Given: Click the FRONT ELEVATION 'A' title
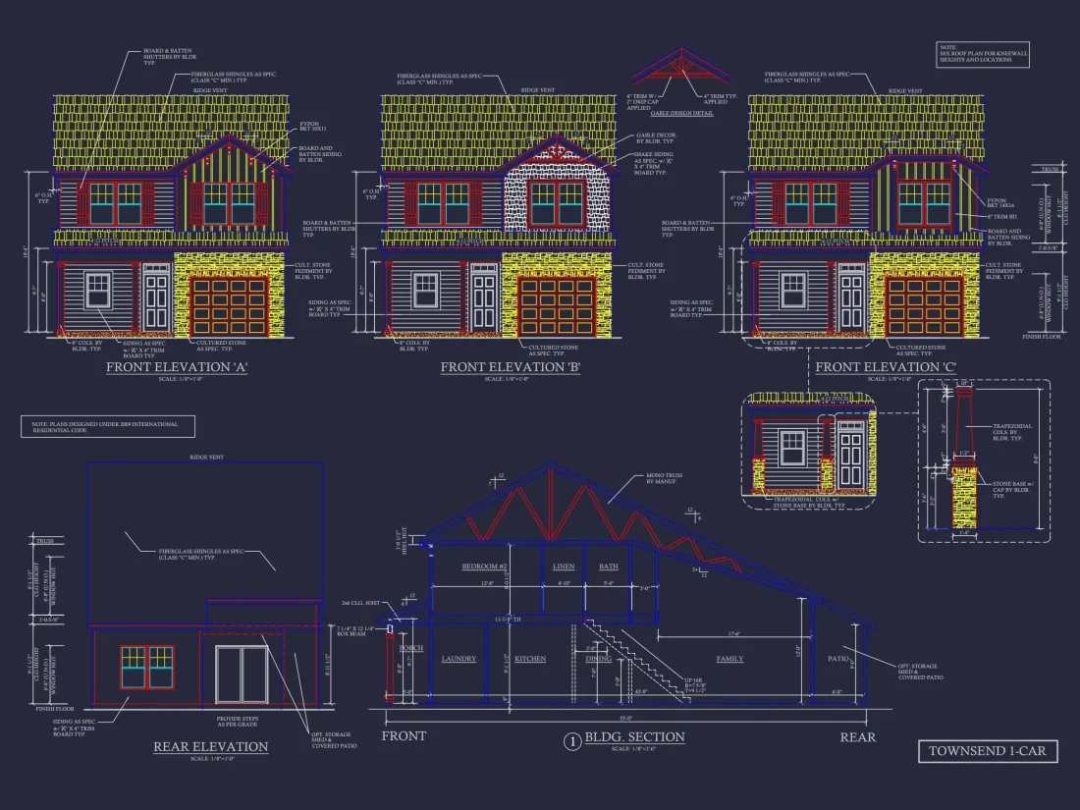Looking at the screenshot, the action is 177,367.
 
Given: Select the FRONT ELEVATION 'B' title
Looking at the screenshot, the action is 511,367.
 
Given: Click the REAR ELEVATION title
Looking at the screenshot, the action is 210,747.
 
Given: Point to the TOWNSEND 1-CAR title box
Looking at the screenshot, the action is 988,751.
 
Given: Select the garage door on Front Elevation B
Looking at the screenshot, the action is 557,304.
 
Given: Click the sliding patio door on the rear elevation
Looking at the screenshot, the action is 242,675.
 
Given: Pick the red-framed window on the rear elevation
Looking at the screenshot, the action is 147,667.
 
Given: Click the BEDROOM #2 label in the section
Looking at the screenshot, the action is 484,567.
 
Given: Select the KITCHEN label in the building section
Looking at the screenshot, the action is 530,659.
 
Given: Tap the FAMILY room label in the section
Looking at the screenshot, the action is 729,659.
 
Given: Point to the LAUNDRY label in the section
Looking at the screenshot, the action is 459,659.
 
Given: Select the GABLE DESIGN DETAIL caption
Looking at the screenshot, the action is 680,114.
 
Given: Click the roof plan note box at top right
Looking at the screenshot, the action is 983,55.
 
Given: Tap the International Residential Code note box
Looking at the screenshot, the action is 107,426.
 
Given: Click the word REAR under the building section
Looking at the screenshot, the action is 857,736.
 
